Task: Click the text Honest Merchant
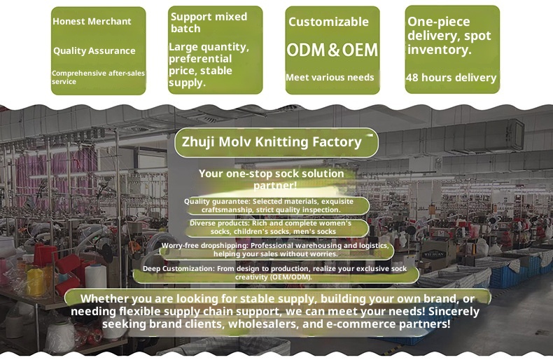click(x=92, y=22)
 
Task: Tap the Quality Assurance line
click(x=94, y=50)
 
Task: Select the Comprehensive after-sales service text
click(x=98, y=77)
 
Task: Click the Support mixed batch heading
click(x=209, y=22)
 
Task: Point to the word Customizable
click(x=328, y=22)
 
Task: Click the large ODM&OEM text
click(x=332, y=50)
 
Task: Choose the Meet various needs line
click(x=330, y=77)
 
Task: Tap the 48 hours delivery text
click(x=451, y=78)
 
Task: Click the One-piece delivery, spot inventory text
click(x=449, y=36)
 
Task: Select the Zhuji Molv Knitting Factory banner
click(x=276, y=142)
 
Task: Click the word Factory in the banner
click(x=335, y=142)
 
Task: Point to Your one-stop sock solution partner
click(x=272, y=179)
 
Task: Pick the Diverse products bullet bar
click(x=272, y=228)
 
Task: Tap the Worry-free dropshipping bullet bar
click(x=275, y=250)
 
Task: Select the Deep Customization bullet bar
click(x=274, y=272)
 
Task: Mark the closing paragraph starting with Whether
click(x=276, y=312)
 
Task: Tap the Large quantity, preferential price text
click(x=209, y=64)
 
